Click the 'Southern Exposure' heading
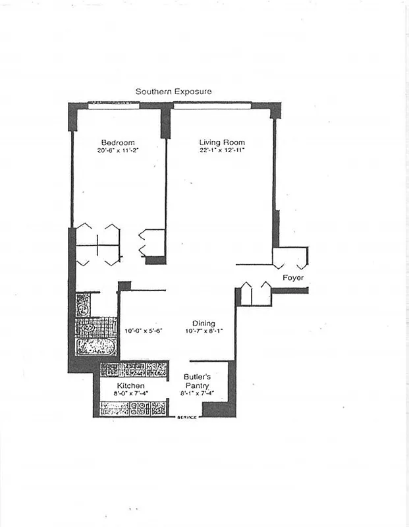(173, 92)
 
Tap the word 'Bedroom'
(118, 143)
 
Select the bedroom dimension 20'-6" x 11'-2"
(118, 151)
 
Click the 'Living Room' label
(222, 143)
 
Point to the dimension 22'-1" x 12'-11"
(222, 151)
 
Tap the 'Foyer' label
(292, 278)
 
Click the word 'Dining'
(204, 323)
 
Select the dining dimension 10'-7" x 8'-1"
(204, 331)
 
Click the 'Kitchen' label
(131, 385)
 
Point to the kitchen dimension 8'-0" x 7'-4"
(131, 393)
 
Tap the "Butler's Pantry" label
(196, 381)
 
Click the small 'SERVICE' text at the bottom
(187, 418)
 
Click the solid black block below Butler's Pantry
(218, 410)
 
